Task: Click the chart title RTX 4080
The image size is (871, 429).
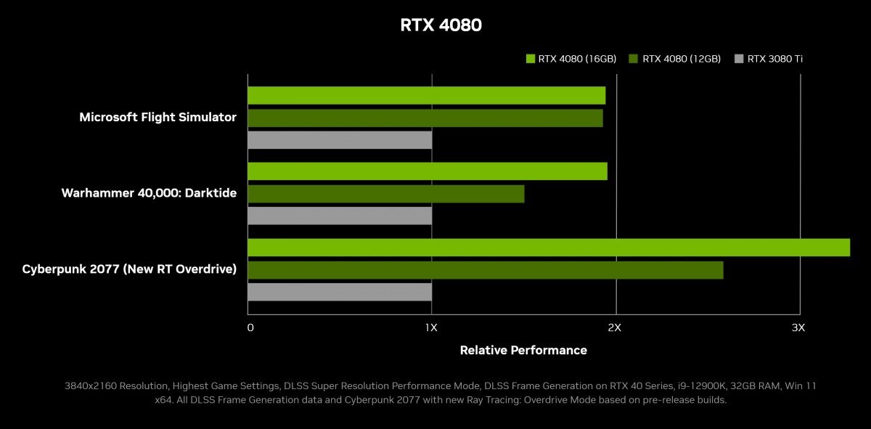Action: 441,25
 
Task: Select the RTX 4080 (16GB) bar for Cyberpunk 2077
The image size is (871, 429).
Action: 548,248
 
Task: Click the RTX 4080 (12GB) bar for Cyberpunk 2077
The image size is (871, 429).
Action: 485,270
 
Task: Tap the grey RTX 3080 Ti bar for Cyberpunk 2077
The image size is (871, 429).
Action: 340,292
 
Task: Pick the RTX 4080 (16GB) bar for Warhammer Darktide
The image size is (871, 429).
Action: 427,171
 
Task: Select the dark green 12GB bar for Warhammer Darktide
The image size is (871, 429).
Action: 385,194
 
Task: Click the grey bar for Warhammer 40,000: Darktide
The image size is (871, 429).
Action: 340,216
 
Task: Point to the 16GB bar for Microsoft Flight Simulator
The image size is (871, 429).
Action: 426,95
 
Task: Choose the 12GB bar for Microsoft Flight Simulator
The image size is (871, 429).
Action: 425,118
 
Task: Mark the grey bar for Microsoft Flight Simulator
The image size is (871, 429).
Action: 340,139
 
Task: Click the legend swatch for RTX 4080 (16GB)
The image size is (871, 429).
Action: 530,59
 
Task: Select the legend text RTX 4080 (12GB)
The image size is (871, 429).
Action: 682,59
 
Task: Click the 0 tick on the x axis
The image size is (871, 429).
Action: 250,327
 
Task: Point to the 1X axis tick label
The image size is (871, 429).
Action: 431,327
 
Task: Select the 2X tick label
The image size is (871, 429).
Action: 614,327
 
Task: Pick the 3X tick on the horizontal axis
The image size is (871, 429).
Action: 798,327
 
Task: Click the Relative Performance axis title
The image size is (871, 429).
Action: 523,350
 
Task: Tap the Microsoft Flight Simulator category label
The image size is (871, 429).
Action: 158,117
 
